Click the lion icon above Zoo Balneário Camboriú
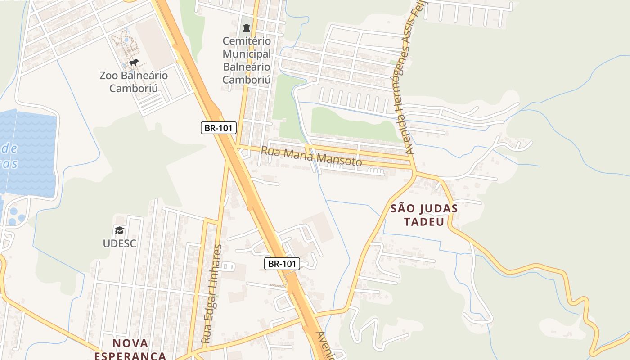click(x=133, y=62)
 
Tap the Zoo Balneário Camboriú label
click(x=134, y=81)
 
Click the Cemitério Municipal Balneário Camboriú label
click(x=247, y=60)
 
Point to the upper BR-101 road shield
click(x=218, y=128)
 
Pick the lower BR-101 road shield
click(x=282, y=264)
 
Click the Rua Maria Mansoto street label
click(x=311, y=156)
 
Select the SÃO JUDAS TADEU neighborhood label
click(x=424, y=215)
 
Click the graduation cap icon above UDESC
click(x=119, y=231)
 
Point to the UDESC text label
click(x=119, y=243)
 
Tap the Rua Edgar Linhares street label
click(x=212, y=295)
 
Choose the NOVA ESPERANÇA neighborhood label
click(x=130, y=349)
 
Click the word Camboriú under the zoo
click(x=134, y=88)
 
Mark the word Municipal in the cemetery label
click(x=247, y=54)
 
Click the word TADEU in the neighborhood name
click(x=424, y=221)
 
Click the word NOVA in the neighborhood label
click(x=130, y=343)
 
